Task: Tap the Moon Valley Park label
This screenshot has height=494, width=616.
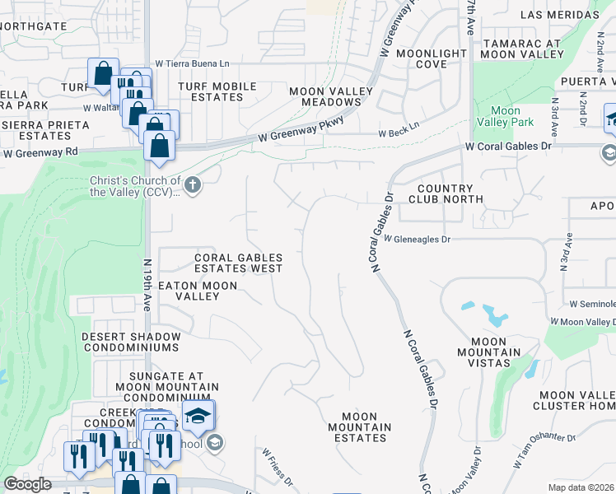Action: tap(505, 117)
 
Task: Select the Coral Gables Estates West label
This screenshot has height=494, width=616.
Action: tap(238, 263)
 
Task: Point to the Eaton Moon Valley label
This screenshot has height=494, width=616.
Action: tap(198, 291)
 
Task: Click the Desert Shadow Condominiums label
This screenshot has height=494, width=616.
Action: tap(131, 343)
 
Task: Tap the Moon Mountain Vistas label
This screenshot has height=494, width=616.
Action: tap(495, 347)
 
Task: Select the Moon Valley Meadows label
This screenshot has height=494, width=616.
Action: tap(324, 96)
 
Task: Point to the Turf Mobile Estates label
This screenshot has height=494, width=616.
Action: tap(217, 91)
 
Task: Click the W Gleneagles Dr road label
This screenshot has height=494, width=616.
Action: tap(418, 239)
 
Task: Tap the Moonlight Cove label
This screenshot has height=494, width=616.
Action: tap(432, 58)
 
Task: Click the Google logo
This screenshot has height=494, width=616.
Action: tap(28, 484)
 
